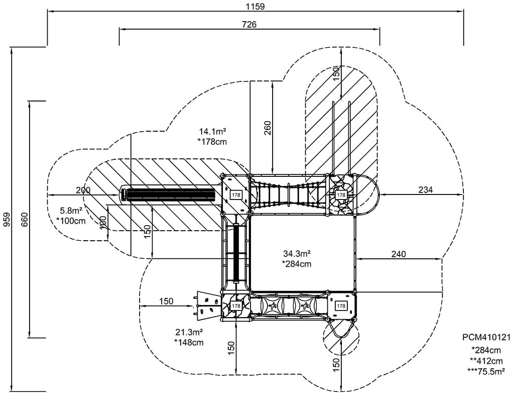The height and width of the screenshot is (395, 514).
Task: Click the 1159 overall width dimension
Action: pos(255,6)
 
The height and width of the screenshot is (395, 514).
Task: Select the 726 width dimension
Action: pos(249,24)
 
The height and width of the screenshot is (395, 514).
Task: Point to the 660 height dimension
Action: pos(24,220)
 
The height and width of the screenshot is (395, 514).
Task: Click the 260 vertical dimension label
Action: pos(268,128)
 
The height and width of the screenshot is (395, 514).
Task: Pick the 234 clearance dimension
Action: pos(426,189)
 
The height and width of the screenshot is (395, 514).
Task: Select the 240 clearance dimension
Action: pos(398,254)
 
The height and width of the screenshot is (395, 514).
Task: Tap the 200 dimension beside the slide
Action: pos(83,190)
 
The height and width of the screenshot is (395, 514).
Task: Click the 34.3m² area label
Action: pos(297,253)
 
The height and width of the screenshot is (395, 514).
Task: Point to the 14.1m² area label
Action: pos(213,132)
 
